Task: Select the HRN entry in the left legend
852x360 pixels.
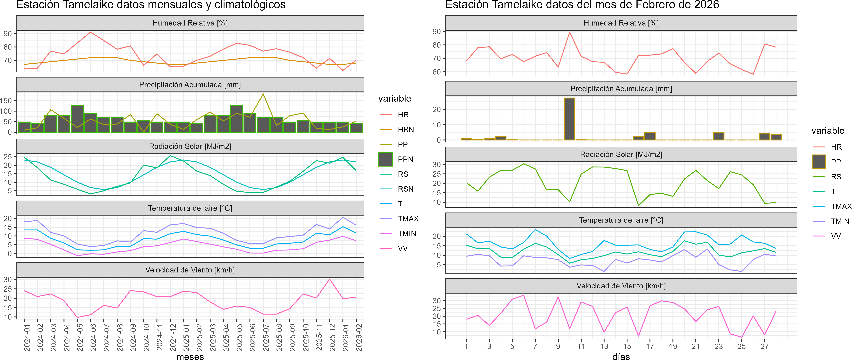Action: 406,130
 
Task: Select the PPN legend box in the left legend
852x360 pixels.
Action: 386,159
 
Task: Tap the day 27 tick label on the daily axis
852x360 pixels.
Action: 764,346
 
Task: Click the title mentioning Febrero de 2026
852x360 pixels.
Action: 582,5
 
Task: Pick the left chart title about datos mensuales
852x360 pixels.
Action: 151,5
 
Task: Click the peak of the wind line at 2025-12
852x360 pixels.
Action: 329,279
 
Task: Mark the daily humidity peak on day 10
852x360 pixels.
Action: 569,32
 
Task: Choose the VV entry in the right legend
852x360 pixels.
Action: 836,236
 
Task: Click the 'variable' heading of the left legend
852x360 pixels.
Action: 395,99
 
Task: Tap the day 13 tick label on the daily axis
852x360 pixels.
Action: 604,346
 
